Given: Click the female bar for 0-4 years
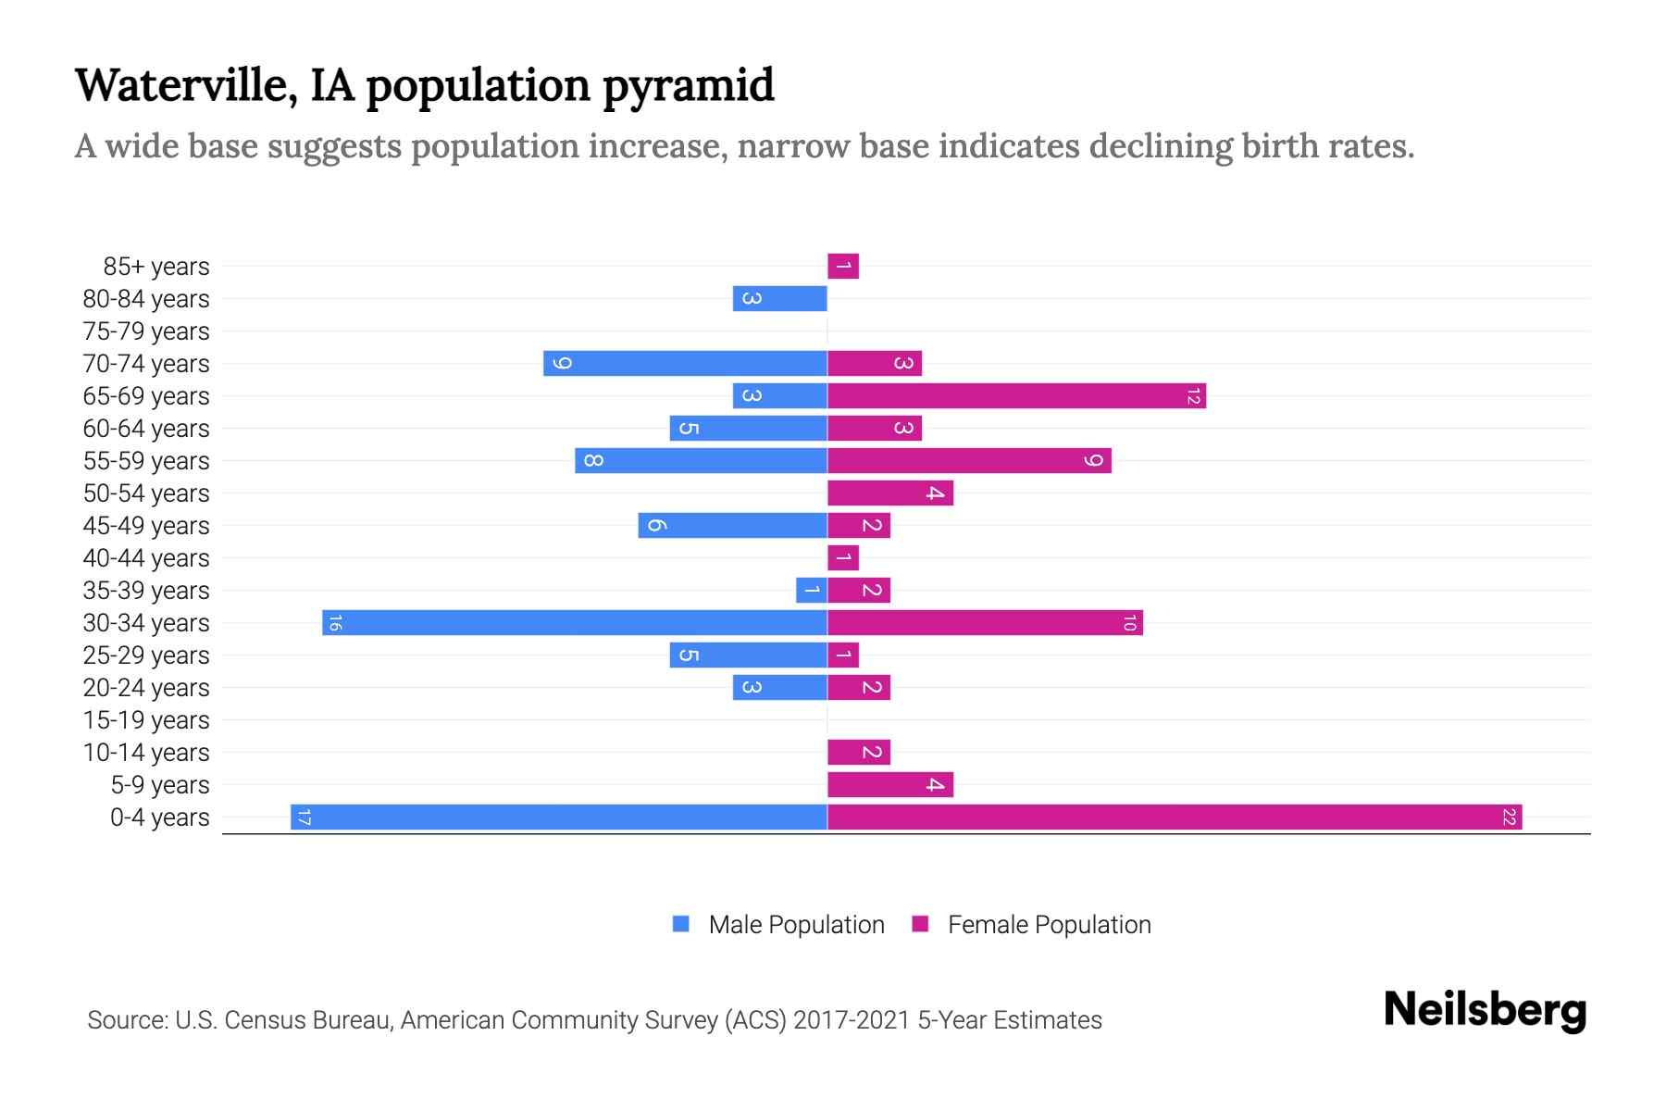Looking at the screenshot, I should pyautogui.click(x=1174, y=818).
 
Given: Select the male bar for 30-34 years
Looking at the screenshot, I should pyautogui.click(x=574, y=623).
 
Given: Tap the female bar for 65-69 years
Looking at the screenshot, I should pyautogui.click(x=1016, y=396).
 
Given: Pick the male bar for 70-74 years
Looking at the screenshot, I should pyautogui.click(x=685, y=364).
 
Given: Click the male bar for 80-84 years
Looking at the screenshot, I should pyautogui.click(x=779, y=299).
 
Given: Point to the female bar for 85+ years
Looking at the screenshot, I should pyautogui.click(x=843, y=267).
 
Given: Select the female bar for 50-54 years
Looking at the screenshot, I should pyautogui.click(x=889, y=493).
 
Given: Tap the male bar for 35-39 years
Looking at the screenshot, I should pyautogui.click(x=812, y=591).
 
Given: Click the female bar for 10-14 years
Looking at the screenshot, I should pyautogui.click(x=858, y=753).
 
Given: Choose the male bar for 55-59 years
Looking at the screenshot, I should pyautogui.click(x=701, y=461).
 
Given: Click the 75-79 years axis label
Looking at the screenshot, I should pyautogui.click(x=146, y=331).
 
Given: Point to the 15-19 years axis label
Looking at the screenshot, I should pyautogui.click(x=146, y=720).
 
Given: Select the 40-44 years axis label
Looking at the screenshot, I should pyautogui.click(x=146, y=558).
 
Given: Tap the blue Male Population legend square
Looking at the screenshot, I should pyautogui.click(x=681, y=924).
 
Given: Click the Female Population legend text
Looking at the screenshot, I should pyautogui.click(x=1049, y=925).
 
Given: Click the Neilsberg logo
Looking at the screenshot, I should pyautogui.click(x=1485, y=1010).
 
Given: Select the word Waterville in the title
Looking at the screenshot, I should pyautogui.click(x=185, y=85).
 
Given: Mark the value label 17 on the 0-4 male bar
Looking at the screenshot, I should pyautogui.click(x=304, y=818).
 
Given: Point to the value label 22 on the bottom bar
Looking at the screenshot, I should pyautogui.click(x=1509, y=818).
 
